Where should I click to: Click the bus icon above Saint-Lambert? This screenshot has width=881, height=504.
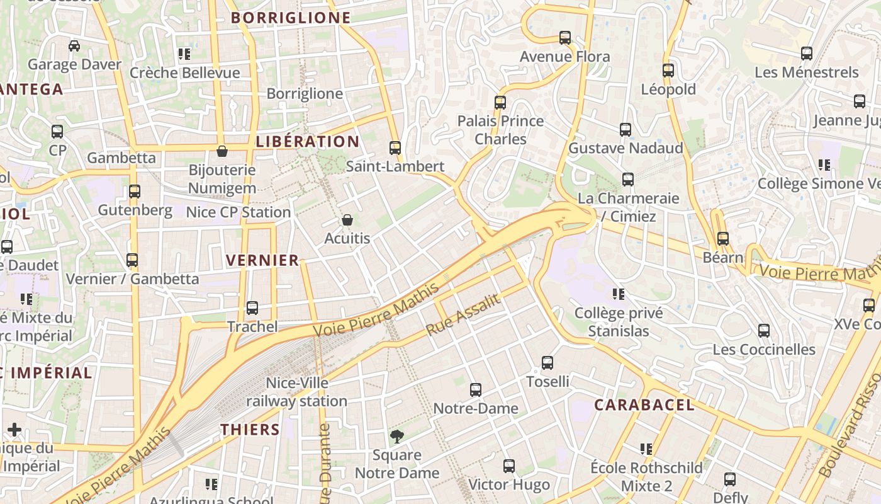click(x=395, y=148)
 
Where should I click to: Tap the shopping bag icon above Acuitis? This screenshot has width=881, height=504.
click(x=347, y=220)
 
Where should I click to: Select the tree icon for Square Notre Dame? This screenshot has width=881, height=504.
click(x=396, y=436)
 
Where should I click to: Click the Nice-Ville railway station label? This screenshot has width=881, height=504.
click(x=296, y=392)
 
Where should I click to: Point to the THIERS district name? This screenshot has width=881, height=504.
click(x=250, y=430)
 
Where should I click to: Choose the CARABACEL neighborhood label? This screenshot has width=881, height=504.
click(x=644, y=404)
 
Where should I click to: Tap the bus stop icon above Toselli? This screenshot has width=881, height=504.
click(x=547, y=363)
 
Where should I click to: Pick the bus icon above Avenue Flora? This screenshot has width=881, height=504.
click(x=565, y=38)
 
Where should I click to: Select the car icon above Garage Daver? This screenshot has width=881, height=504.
click(x=74, y=46)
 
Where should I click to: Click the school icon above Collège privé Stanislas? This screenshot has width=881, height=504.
click(x=619, y=294)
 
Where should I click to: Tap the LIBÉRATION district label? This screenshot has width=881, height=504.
click(x=308, y=141)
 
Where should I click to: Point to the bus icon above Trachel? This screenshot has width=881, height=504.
click(x=252, y=308)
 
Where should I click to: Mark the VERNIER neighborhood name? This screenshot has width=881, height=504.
click(x=262, y=260)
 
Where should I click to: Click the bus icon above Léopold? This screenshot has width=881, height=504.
click(x=668, y=71)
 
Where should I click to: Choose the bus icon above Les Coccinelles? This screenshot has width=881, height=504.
click(x=764, y=331)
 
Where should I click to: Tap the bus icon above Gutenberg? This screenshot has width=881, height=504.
click(x=134, y=191)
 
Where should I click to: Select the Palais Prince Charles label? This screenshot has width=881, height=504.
click(x=501, y=129)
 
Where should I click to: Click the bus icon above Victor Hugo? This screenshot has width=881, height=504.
click(x=509, y=466)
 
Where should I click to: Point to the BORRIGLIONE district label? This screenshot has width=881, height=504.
click(x=291, y=18)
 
